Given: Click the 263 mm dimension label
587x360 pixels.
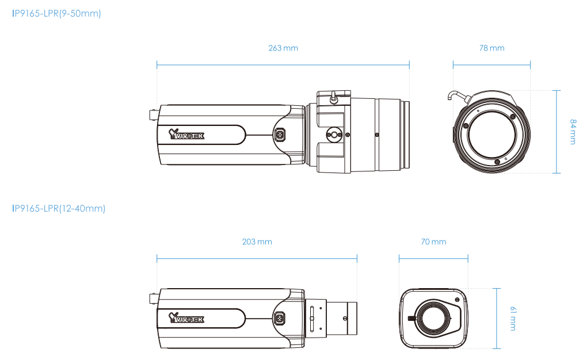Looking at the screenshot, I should pyautogui.click(x=283, y=48).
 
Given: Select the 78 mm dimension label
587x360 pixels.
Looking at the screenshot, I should pyautogui.click(x=491, y=48).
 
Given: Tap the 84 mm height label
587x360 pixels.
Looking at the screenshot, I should pyautogui.click(x=572, y=132).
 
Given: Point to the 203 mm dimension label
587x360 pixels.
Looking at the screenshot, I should pyautogui.click(x=257, y=242).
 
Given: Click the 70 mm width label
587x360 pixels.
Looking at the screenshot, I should pyautogui.click(x=433, y=242).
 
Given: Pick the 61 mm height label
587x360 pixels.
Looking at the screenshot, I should pyautogui.click(x=512, y=318).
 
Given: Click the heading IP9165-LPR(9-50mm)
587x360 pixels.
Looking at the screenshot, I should pyautogui.click(x=56, y=13).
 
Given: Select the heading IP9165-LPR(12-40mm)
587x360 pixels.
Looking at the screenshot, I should pyautogui.click(x=59, y=208).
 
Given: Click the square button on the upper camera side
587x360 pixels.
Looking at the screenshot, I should pyautogui.click(x=280, y=135).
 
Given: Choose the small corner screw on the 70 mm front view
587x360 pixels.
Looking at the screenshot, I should pyautogui.click(x=458, y=299).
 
